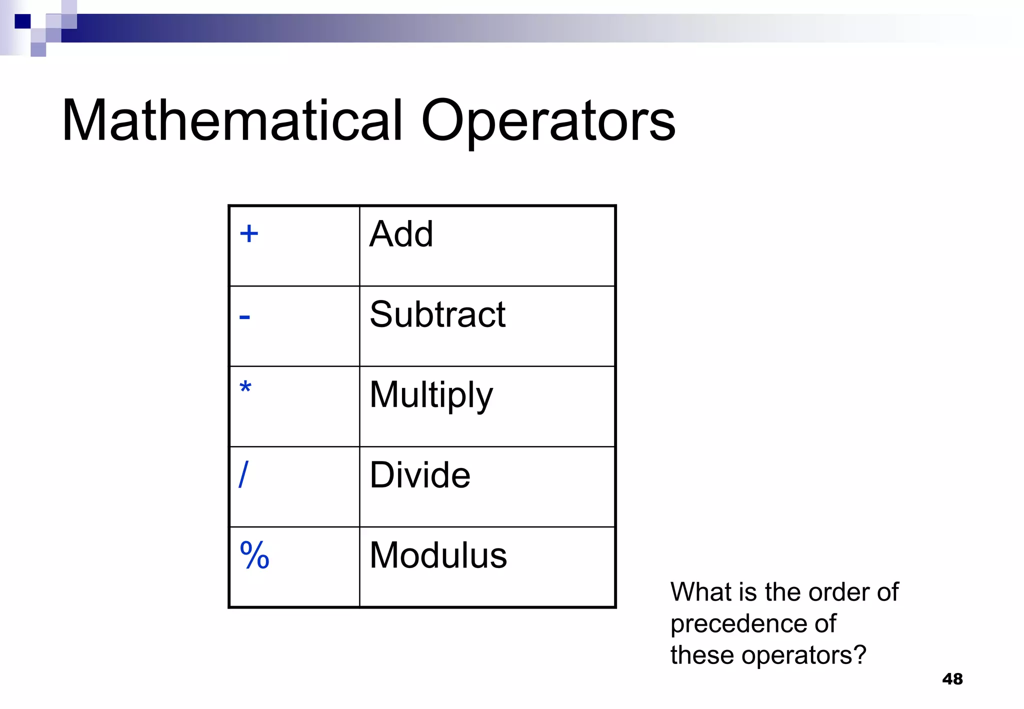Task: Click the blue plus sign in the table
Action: pos(249,233)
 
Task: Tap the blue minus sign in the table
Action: pos(244,317)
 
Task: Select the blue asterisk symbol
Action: pos(245,387)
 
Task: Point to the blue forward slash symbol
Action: pos(243,474)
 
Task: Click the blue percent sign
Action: pos(254,555)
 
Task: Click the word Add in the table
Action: pos(401,234)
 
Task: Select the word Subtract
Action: pos(437,314)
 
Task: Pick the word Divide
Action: pos(420,474)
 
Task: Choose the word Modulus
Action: pos(438,555)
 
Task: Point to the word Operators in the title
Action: pos(548,121)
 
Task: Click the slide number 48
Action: pos(952,679)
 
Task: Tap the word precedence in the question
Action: pos(739,624)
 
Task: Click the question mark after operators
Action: pos(860,655)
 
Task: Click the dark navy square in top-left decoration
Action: pos(22,21)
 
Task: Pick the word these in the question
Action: pos(702,655)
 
